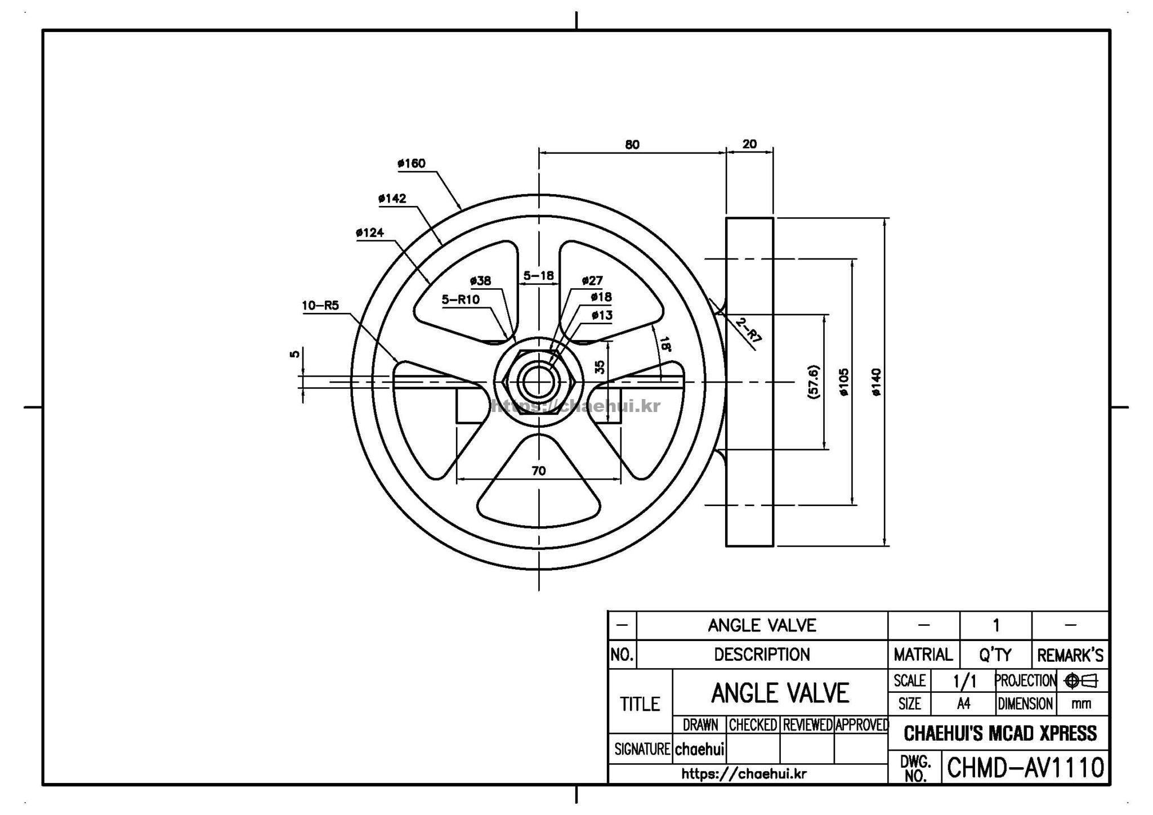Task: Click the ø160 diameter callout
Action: [x=412, y=164]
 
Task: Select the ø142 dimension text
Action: [x=392, y=199]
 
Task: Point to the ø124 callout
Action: [x=370, y=232]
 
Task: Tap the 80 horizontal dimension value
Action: [x=632, y=145]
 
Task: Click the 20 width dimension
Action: [x=749, y=144]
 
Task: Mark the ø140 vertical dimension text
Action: [x=877, y=382]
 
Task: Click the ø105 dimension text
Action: [x=844, y=383]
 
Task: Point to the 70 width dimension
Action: [x=539, y=471]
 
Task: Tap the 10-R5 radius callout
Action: [x=320, y=306]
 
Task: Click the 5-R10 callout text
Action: [x=461, y=299]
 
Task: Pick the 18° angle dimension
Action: [x=665, y=343]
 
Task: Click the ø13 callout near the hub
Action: [x=602, y=315]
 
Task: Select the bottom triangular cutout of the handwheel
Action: [x=539, y=484]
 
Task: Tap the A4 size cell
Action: [x=963, y=704]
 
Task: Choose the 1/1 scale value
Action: [x=964, y=682]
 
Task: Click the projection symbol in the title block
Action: [x=1080, y=681]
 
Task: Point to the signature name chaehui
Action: [x=699, y=749]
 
